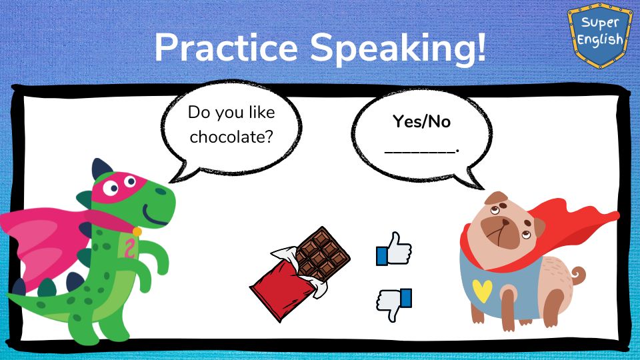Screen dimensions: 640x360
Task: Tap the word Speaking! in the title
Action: (399, 49)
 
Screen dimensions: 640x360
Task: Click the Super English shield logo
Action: (599, 35)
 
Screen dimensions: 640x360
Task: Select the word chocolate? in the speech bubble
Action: (231, 137)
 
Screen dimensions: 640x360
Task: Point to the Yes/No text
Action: (421, 121)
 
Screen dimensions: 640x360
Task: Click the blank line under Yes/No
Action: (421, 152)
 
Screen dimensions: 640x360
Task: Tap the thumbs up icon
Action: (393, 249)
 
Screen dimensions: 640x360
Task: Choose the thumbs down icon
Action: (393, 305)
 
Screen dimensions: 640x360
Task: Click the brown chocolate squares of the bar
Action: (323, 253)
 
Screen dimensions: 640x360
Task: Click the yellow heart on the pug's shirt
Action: (482, 290)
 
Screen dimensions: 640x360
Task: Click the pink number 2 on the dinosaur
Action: (130, 248)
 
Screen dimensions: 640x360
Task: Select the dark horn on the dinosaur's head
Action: (101, 168)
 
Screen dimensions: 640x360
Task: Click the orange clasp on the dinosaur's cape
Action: (137, 232)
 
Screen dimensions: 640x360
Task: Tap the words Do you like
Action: (231, 113)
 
